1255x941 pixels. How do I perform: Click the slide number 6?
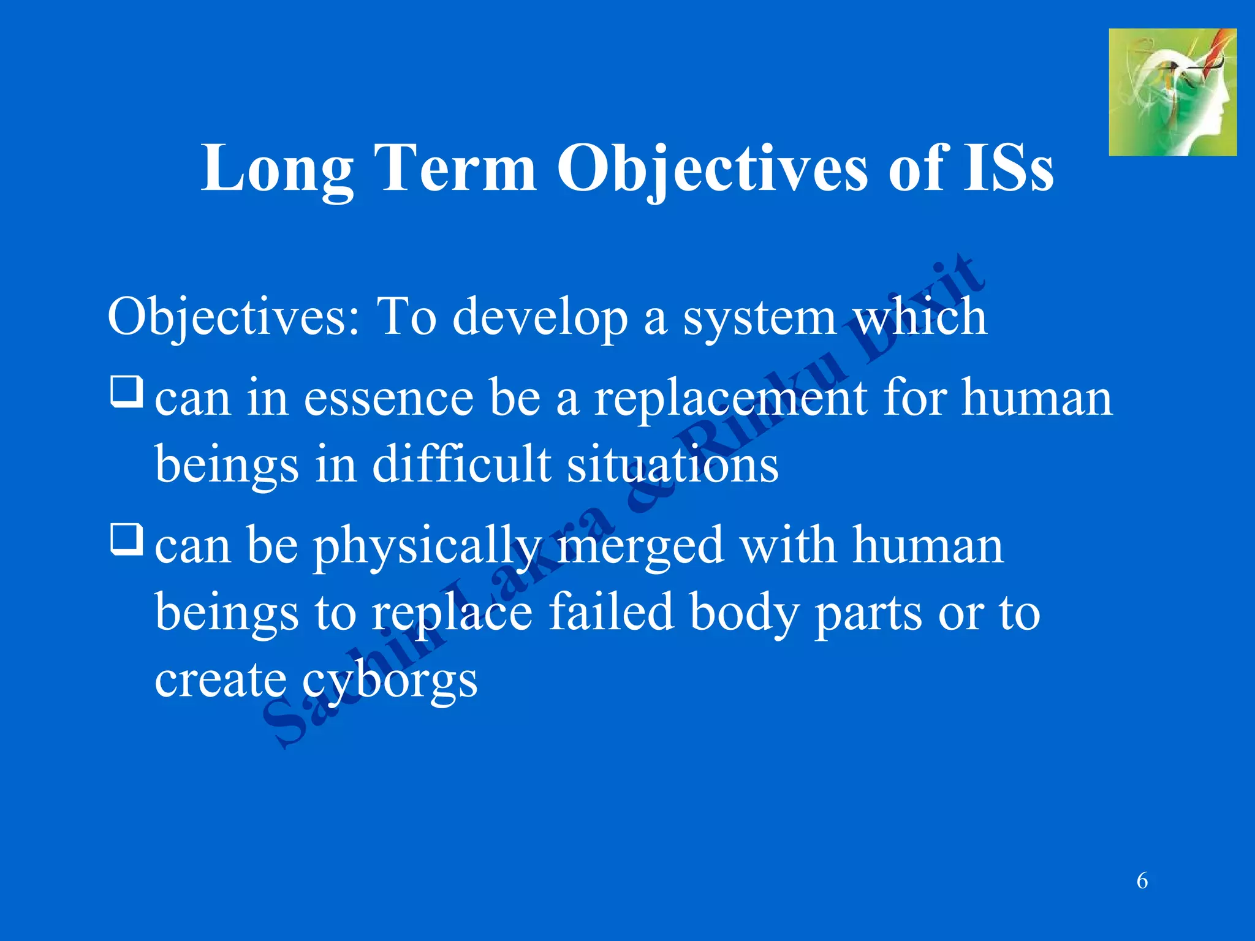point(1142,881)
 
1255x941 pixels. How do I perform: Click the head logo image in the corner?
point(1172,93)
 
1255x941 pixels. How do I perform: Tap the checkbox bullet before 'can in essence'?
point(127,391)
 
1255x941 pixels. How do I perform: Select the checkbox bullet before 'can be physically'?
point(127,539)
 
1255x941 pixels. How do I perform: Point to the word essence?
point(389,398)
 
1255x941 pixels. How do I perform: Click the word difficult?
point(461,464)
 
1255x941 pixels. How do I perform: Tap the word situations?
point(672,464)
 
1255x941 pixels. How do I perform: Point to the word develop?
point(540,317)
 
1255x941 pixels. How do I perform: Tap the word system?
point(760,317)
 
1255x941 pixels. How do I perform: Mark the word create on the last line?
point(219,680)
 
